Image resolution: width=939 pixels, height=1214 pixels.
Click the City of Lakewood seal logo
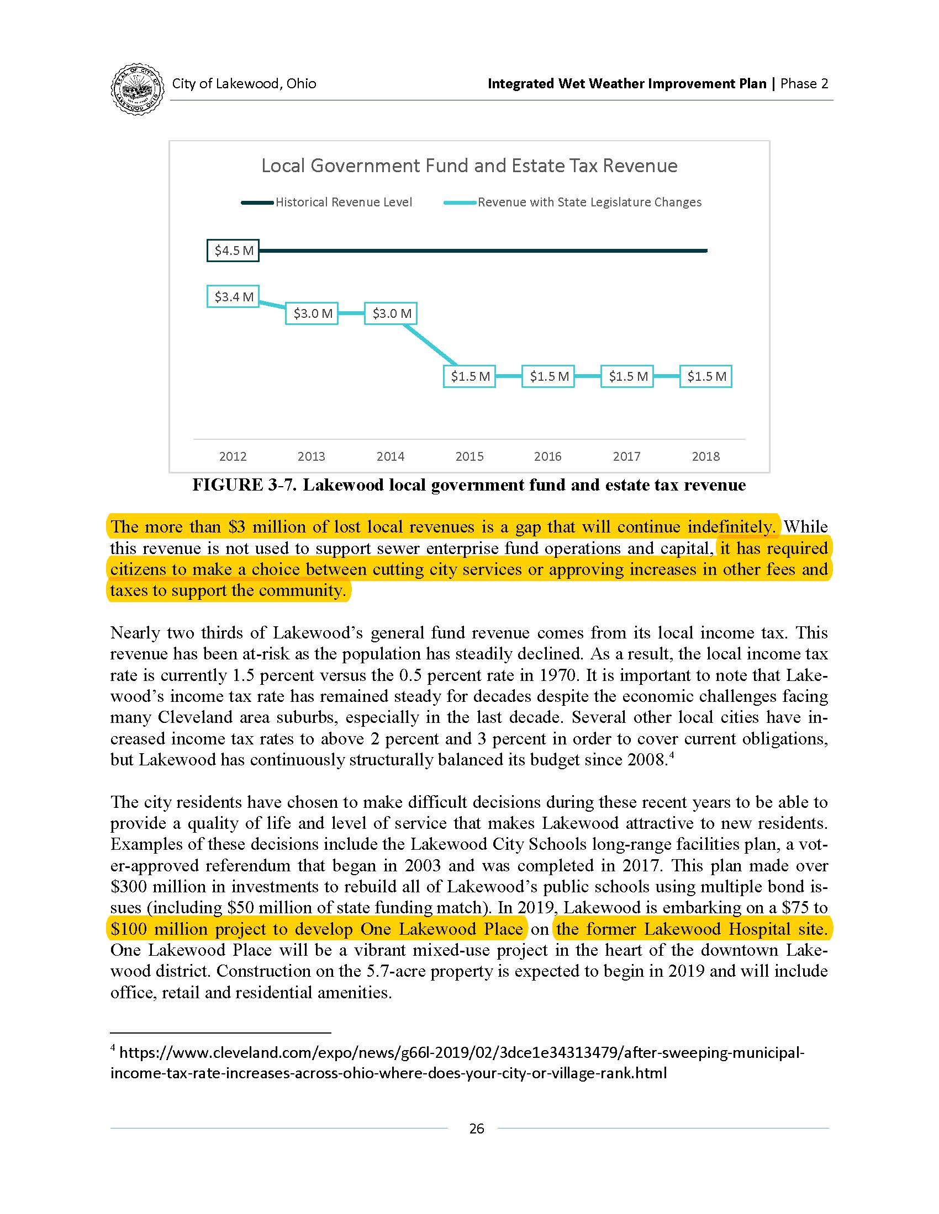pyautogui.click(x=138, y=89)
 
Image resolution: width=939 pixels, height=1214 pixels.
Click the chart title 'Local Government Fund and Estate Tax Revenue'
pyautogui.click(x=469, y=166)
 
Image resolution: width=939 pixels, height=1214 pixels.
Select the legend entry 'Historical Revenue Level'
pyautogui.click(x=343, y=203)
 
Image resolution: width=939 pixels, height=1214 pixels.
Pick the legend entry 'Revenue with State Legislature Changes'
pyautogui.click(x=589, y=203)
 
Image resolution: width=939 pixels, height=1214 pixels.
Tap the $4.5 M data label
pyautogui.click(x=233, y=251)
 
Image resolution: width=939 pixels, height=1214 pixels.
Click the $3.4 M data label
pyautogui.click(x=233, y=297)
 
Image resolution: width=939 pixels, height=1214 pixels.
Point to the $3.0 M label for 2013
pyautogui.click(x=312, y=313)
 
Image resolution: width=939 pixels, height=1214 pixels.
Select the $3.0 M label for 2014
pyautogui.click(x=391, y=313)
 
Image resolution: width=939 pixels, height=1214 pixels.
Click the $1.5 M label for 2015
pyautogui.click(x=469, y=376)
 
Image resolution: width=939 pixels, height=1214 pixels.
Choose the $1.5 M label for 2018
pyautogui.click(x=706, y=376)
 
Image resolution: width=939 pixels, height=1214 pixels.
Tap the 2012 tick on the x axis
pyautogui.click(x=233, y=456)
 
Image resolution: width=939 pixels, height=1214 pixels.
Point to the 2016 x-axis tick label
pyautogui.click(x=548, y=456)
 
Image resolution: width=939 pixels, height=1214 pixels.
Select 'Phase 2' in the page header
pyautogui.click(x=804, y=84)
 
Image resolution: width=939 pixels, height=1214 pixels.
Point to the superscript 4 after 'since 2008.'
pyautogui.click(x=672, y=755)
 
